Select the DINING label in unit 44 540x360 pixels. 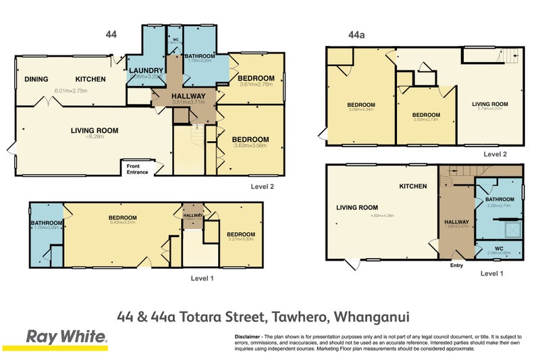click(x=36, y=79)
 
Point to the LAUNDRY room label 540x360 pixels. click(x=146, y=70)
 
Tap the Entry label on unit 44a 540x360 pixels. click(x=456, y=265)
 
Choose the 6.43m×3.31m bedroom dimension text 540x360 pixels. click(x=122, y=222)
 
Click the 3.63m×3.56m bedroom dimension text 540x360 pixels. click(x=250, y=145)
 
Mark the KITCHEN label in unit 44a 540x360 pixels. click(x=412, y=186)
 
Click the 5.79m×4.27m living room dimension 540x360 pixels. click(x=490, y=109)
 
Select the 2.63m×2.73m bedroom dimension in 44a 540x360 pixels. click(x=427, y=120)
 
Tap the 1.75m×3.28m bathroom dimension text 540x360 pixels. click(x=47, y=228)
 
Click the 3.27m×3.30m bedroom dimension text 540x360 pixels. click(x=240, y=238)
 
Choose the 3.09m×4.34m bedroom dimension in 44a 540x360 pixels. click(x=361, y=110)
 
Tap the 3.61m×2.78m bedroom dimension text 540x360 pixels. click(x=256, y=84)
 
